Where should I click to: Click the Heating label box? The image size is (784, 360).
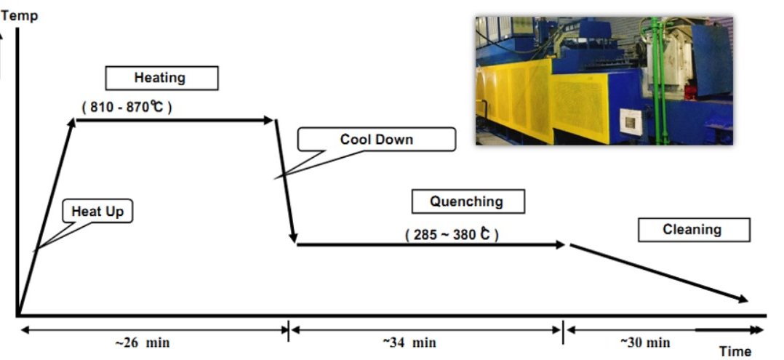[161, 78]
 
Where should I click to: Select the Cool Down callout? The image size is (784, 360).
[376, 139]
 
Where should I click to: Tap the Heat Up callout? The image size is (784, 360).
[97, 212]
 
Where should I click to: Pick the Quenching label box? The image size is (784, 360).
[466, 201]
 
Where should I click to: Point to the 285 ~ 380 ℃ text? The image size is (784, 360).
[452, 235]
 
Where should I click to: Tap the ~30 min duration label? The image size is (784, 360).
[644, 342]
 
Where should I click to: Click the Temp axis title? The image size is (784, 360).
[20, 15]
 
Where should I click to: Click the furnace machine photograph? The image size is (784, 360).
[604, 81]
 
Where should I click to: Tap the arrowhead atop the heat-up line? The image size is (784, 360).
[72, 124]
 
